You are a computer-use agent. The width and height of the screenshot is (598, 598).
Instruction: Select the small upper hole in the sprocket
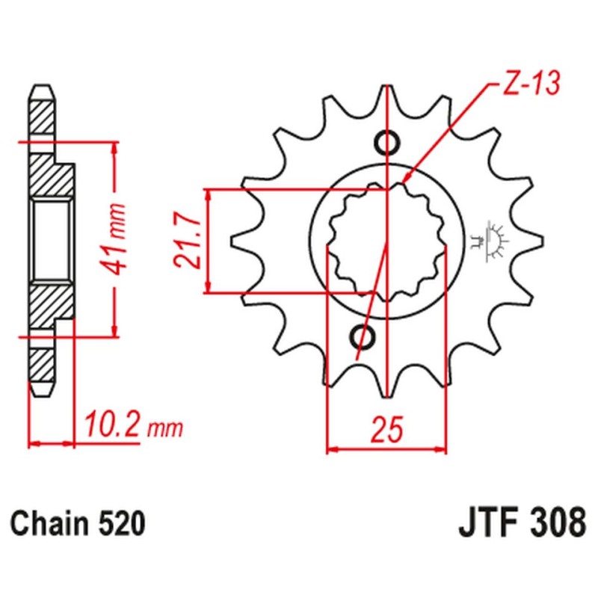(386, 141)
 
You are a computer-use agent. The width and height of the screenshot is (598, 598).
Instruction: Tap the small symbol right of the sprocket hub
(494, 239)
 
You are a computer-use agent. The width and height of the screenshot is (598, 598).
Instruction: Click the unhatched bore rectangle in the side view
(52, 239)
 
